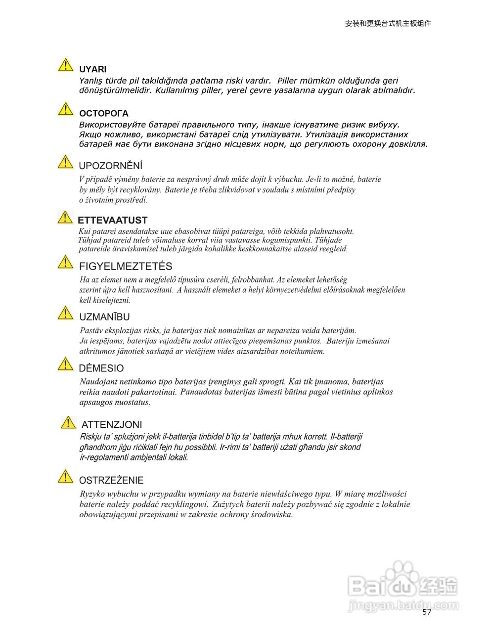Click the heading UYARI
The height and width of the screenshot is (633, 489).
click(x=92, y=70)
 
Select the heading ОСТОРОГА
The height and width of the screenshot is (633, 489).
click(x=103, y=114)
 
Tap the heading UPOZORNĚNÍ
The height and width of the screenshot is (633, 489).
click(x=110, y=166)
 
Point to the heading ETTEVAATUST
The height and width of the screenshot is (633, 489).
click(x=113, y=221)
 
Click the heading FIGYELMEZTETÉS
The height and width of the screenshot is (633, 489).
click(x=126, y=267)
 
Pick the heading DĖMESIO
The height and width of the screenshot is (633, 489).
click(x=101, y=368)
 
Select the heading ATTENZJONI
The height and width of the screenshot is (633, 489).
click(x=111, y=425)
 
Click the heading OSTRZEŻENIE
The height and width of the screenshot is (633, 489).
click(x=111, y=481)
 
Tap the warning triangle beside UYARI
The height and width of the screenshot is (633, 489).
click(x=65, y=65)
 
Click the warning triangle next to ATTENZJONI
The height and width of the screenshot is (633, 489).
click(x=68, y=423)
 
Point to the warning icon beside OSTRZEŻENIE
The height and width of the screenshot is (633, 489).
click(x=65, y=476)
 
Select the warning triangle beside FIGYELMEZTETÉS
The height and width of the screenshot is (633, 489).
click(x=65, y=262)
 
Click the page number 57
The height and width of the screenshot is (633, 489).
click(x=427, y=612)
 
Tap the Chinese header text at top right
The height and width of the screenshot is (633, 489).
click(x=388, y=23)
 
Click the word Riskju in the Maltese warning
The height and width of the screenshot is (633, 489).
click(x=91, y=437)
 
